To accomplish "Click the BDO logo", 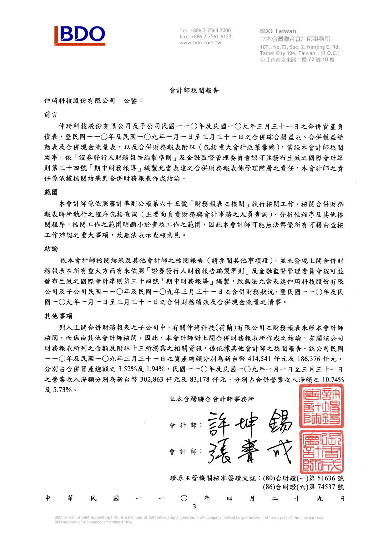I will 80,35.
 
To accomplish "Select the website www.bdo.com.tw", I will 200,43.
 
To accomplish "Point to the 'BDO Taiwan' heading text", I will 278,31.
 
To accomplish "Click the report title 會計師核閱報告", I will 194,91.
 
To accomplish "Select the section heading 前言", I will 51,115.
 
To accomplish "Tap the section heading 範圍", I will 51,192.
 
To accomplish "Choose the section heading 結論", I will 51,249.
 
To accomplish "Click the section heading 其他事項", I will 58,316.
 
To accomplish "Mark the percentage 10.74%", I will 333,379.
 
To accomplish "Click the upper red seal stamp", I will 322,406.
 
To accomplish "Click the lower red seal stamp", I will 322,452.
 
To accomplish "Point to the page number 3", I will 194,506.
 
